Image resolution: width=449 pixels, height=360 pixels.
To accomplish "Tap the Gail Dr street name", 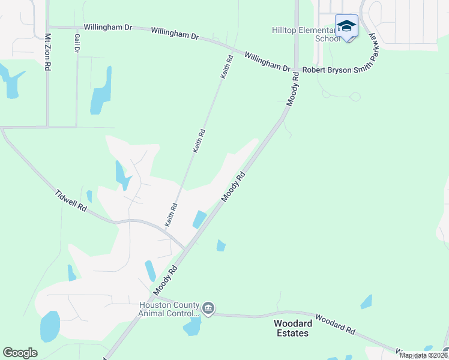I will (x=77, y=43).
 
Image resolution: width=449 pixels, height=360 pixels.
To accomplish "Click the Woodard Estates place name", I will (x=292, y=328).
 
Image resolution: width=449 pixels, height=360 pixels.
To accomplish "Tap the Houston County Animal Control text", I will (x=168, y=309).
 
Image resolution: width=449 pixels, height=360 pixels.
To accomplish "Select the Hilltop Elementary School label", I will (x=303, y=34).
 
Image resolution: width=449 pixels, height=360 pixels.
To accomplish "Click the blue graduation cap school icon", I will (x=346, y=26).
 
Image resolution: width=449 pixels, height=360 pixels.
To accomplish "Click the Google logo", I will (x=20, y=352).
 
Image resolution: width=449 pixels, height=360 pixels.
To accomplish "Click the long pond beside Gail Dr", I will (x=101, y=92).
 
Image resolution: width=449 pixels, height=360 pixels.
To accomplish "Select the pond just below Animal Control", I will (x=193, y=326).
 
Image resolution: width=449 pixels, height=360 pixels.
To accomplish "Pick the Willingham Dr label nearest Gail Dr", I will (x=107, y=28).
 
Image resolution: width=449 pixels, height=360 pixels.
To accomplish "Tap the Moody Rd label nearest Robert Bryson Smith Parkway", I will (x=292, y=90).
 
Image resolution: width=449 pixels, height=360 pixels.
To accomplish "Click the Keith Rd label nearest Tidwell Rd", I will (x=170, y=214).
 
